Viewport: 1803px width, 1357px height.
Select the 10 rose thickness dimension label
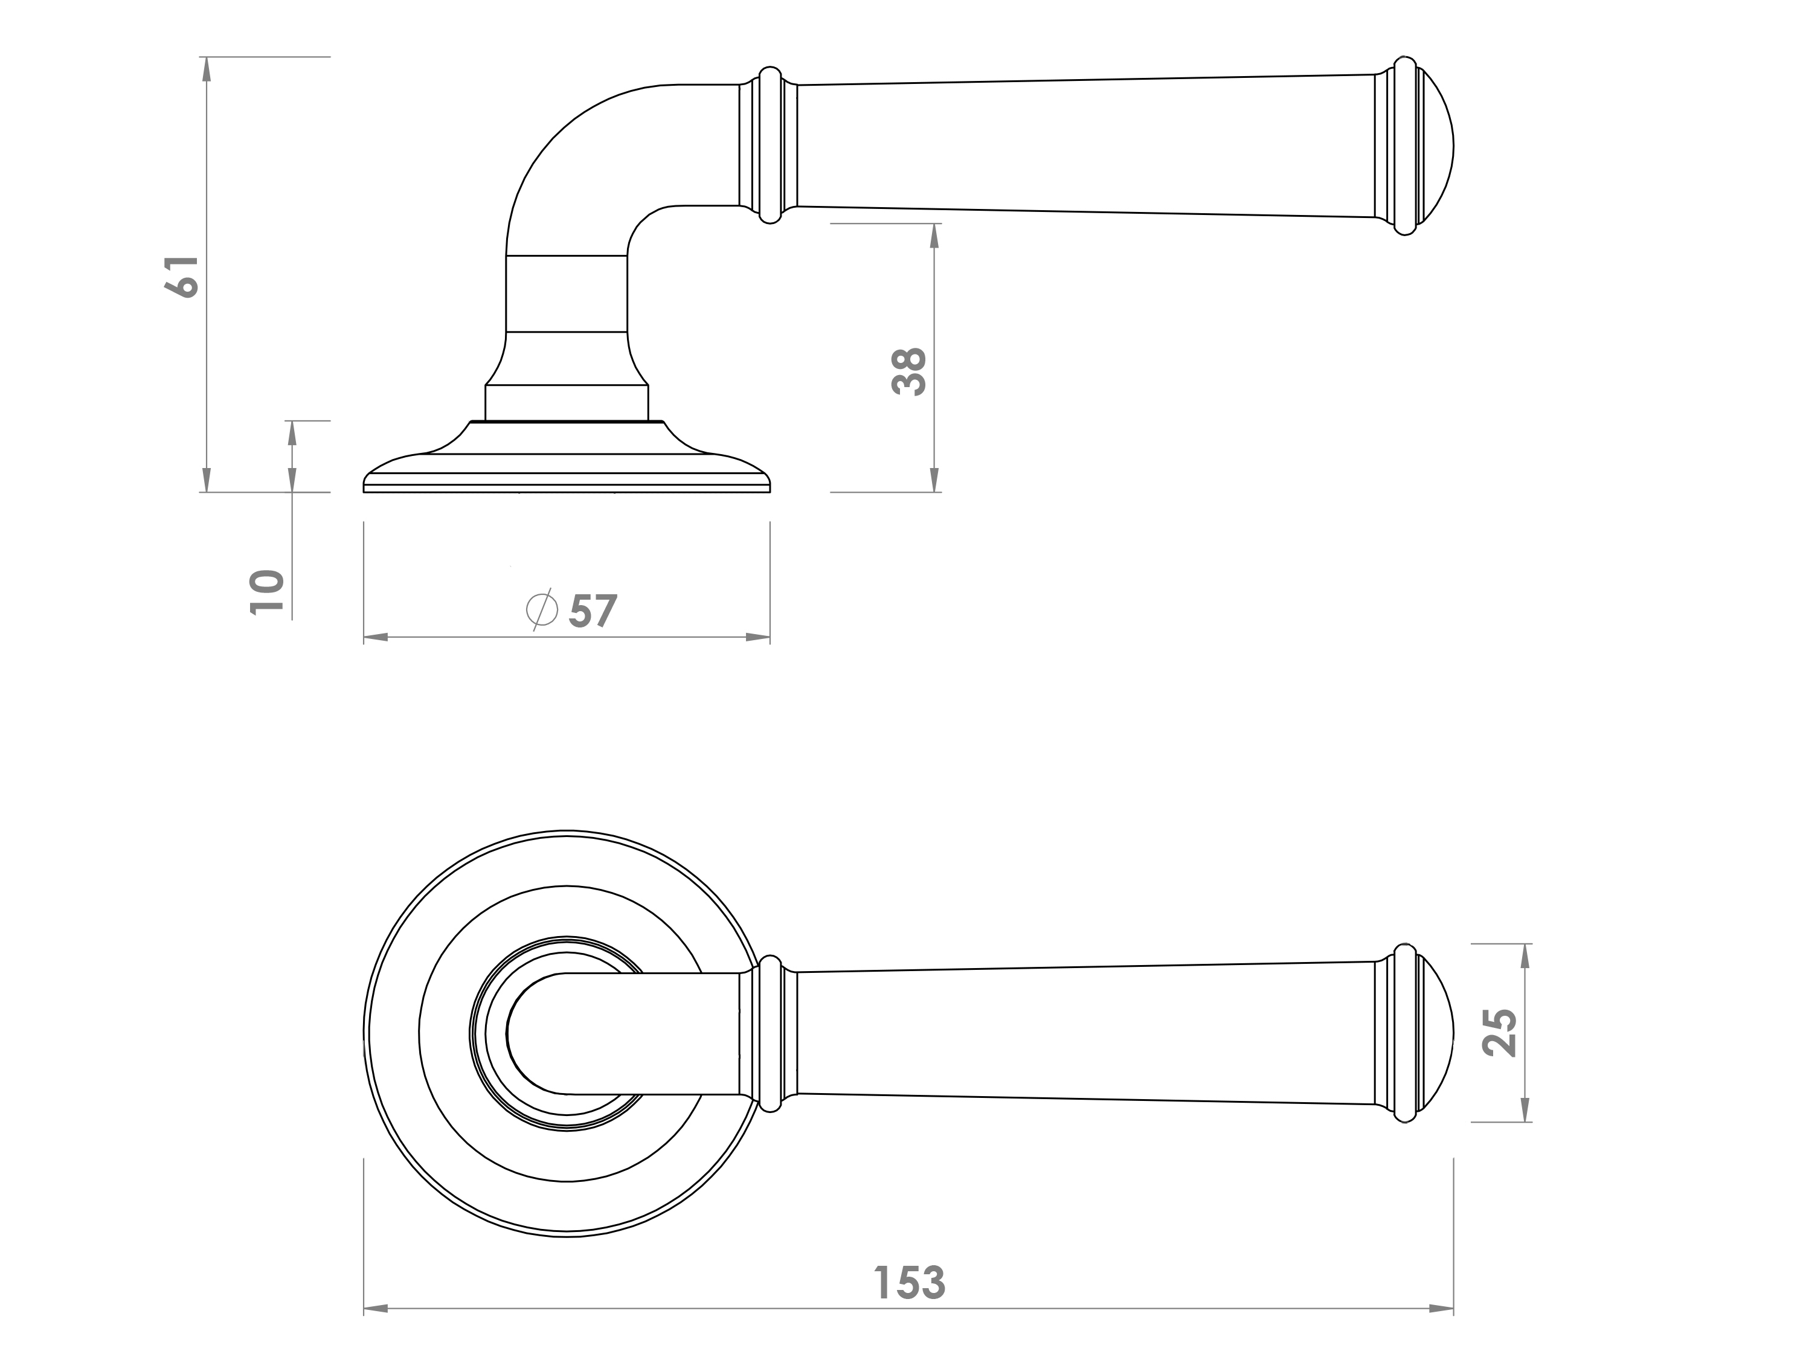[x=268, y=592]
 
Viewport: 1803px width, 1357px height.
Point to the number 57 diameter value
[x=593, y=611]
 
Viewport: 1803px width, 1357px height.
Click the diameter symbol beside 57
[x=542, y=609]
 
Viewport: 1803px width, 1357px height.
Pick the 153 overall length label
[x=909, y=1283]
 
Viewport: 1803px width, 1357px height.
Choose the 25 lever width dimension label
[x=1499, y=1033]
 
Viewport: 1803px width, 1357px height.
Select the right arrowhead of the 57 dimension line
[x=758, y=637]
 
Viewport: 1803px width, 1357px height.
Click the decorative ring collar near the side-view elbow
[x=770, y=145]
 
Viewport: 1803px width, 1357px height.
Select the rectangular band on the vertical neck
[x=567, y=294]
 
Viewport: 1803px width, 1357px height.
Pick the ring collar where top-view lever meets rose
[x=770, y=1033]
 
